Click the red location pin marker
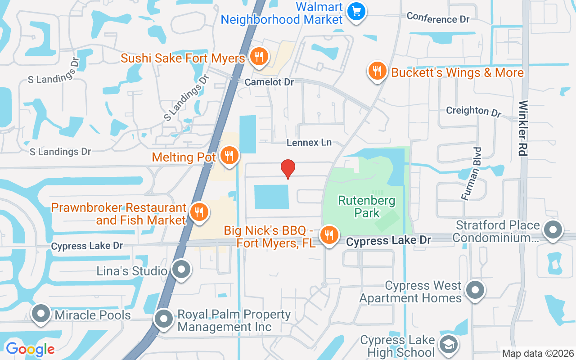click(288, 169)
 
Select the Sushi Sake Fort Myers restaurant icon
click(259, 57)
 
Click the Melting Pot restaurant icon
click(229, 156)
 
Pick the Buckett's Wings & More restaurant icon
click(378, 71)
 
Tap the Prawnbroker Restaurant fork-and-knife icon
click(198, 212)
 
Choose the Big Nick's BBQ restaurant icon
click(329, 235)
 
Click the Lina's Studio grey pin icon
click(181, 270)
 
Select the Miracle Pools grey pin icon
click(41, 314)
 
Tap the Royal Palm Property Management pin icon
click(164, 319)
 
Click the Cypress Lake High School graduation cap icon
click(448, 345)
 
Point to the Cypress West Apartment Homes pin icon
click(475, 290)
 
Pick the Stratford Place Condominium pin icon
click(553, 230)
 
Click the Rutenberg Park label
click(367, 207)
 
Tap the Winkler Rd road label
click(523, 128)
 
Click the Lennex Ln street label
click(309, 143)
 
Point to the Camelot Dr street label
click(269, 82)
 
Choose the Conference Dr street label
click(438, 18)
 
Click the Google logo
click(30, 349)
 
